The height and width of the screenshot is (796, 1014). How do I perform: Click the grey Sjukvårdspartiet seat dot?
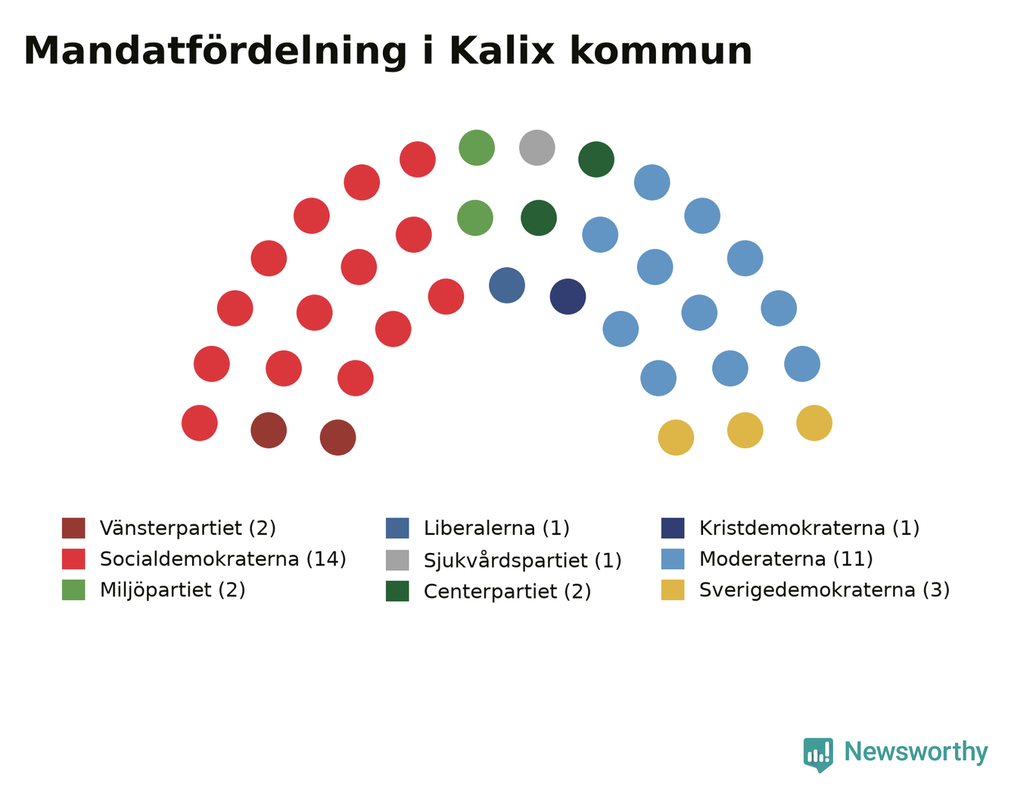pyautogui.click(x=537, y=148)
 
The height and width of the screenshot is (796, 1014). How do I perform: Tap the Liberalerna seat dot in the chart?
pyautogui.click(x=507, y=285)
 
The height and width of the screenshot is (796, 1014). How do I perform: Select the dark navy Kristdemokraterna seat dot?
pyautogui.click(x=568, y=297)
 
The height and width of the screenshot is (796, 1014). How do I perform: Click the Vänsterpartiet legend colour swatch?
pyautogui.click(x=73, y=527)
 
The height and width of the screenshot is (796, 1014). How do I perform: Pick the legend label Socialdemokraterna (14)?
pyautogui.click(x=222, y=559)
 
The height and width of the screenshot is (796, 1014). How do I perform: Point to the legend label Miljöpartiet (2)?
pyautogui.click(x=173, y=590)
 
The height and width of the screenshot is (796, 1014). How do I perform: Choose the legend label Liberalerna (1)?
pyautogui.click(x=496, y=528)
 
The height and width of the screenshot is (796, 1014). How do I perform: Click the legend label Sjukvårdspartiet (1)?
pyautogui.click(x=523, y=560)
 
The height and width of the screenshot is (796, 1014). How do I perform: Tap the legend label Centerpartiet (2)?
pyautogui.click(x=507, y=591)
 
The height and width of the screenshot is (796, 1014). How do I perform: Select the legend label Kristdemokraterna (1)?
pyautogui.click(x=809, y=528)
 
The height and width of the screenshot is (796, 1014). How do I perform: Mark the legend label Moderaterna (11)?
pyautogui.click(x=785, y=559)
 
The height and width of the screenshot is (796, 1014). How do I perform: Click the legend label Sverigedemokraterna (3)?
pyautogui.click(x=824, y=590)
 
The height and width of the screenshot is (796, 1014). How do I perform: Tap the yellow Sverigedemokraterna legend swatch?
pyautogui.click(x=673, y=589)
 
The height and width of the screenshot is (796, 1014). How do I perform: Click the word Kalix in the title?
pyautogui.click(x=502, y=51)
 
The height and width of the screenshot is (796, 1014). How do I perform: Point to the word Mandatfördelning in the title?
pyautogui.click(x=215, y=51)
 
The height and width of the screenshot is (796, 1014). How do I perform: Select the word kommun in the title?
pyautogui.click(x=661, y=51)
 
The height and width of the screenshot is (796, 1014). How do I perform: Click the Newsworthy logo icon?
pyautogui.click(x=817, y=754)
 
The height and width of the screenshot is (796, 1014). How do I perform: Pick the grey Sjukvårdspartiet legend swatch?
pyautogui.click(x=397, y=560)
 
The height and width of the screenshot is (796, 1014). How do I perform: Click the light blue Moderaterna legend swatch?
pyautogui.click(x=673, y=559)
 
